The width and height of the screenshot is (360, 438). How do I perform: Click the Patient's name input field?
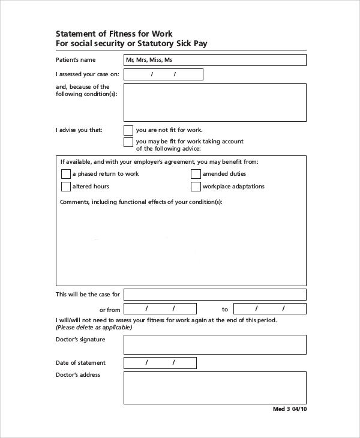tap(215, 60)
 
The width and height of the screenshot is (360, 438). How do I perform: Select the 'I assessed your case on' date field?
tap(163, 74)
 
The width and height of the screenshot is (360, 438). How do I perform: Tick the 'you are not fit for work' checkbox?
tap(128, 130)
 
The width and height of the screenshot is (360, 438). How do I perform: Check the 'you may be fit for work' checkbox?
tap(128, 142)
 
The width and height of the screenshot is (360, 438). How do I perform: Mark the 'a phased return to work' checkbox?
tap(66, 174)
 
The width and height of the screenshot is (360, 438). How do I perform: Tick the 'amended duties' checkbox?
tap(196, 174)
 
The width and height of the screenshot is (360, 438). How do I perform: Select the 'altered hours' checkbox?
tap(66, 187)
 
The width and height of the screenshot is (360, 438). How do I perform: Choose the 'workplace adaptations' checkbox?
tap(196, 187)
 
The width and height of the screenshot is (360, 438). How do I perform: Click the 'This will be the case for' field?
tap(215, 295)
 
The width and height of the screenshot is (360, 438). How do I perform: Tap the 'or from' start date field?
tap(163, 309)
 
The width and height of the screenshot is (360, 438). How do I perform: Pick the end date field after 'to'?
tap(269, 309)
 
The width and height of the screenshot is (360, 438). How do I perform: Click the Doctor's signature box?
tap(215, 344)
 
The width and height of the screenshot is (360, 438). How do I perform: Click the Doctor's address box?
tap(215, 388)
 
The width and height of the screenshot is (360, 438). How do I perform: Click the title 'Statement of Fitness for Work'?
tap(114, 34)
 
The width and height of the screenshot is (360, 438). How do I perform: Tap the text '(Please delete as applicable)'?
tap(94, 328)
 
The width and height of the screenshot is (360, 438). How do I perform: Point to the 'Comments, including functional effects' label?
tap(141, 202)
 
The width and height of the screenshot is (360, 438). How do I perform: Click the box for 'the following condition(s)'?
tap(215, 103)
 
